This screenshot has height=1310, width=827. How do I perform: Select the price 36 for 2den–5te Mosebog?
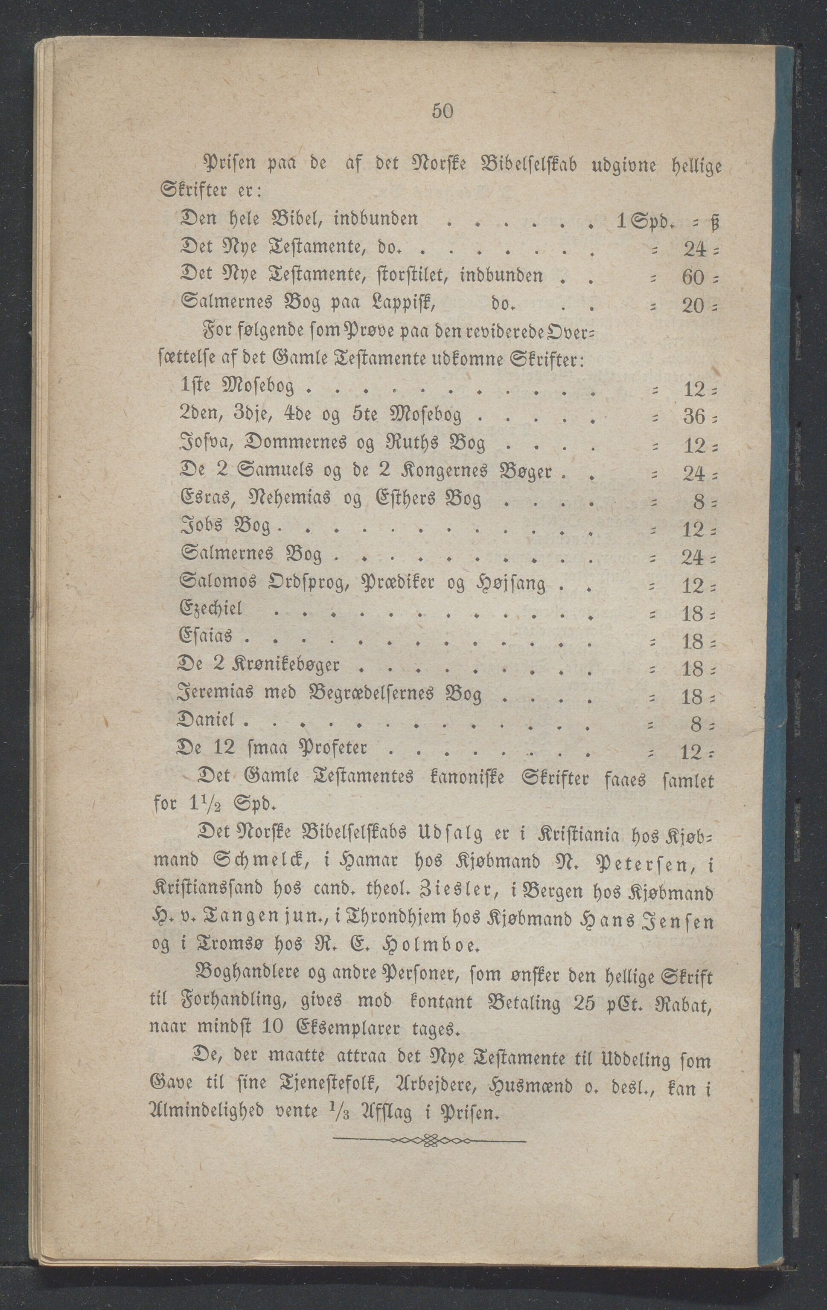(693, 416)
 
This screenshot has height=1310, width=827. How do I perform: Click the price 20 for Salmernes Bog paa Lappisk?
(693, 306)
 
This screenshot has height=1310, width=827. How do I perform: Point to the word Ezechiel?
(211, 609)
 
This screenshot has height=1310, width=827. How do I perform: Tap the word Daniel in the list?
(206, 722)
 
